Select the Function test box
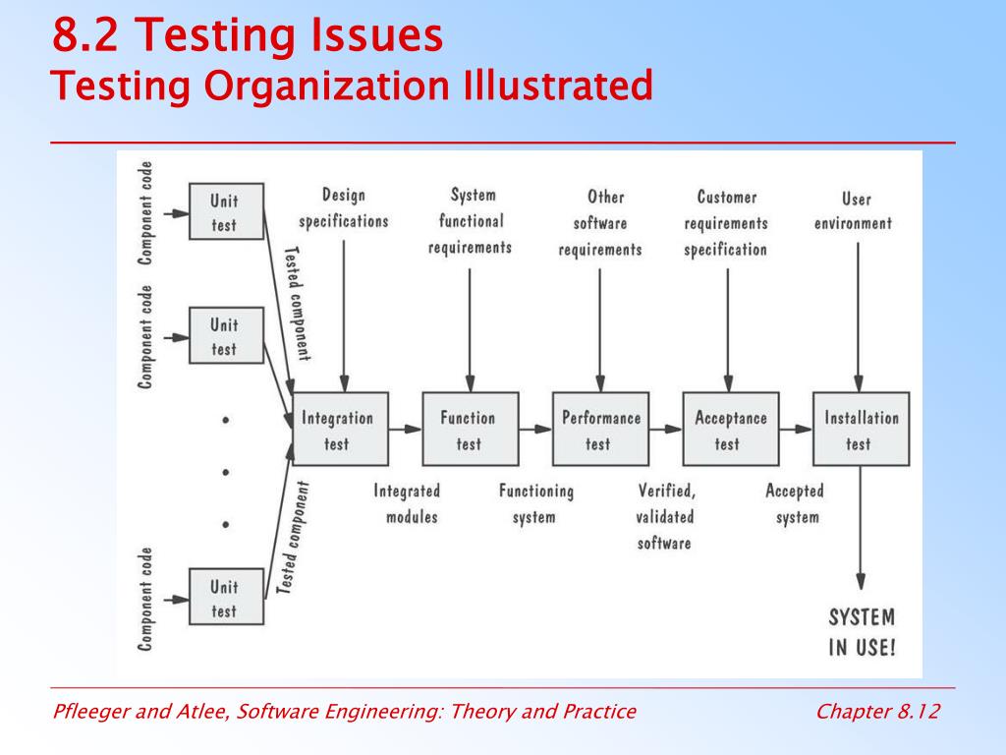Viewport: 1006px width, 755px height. tap(470, 430)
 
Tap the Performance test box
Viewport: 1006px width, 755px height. tap(600, 430)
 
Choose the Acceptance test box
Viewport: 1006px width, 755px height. tap(730, 430)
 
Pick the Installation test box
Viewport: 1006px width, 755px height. tap(861, 430)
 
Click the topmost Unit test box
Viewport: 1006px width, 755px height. tap(226, 211)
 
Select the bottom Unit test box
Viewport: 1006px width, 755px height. tap(226, 598)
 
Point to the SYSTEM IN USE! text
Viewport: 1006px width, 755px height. tap(862, 632)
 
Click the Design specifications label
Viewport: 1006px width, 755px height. tap(344, 208)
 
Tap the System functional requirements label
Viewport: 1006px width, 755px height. tap(471, 221)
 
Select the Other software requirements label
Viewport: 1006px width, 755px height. tap(600, 223)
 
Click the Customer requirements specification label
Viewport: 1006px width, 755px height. tap(727, 223)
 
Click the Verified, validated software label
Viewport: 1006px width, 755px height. tap(665, 516)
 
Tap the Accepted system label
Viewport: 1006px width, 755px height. tap(795, 503)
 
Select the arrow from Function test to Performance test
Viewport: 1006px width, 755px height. tap(535, 429)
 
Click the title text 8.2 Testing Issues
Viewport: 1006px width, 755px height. tap(248, 37)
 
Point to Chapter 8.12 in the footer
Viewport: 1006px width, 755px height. tap(877, 712)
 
